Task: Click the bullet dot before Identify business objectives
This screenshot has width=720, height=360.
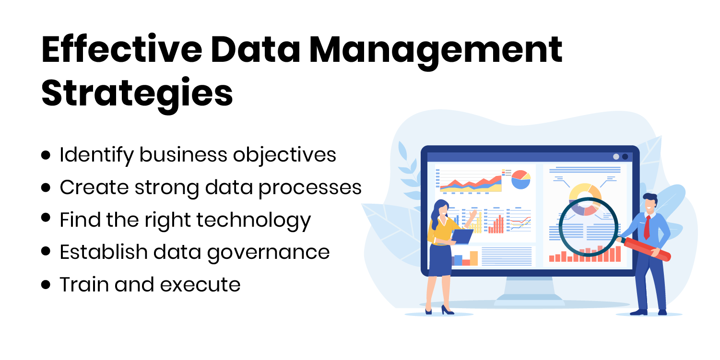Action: pos(46,155)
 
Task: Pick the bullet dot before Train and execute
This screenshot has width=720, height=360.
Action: pos(46,285)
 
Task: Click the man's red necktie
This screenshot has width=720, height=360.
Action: pos(647,227)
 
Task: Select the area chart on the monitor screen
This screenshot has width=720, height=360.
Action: pos(470,183)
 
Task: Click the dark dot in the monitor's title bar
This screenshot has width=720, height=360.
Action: pos(625,157)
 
